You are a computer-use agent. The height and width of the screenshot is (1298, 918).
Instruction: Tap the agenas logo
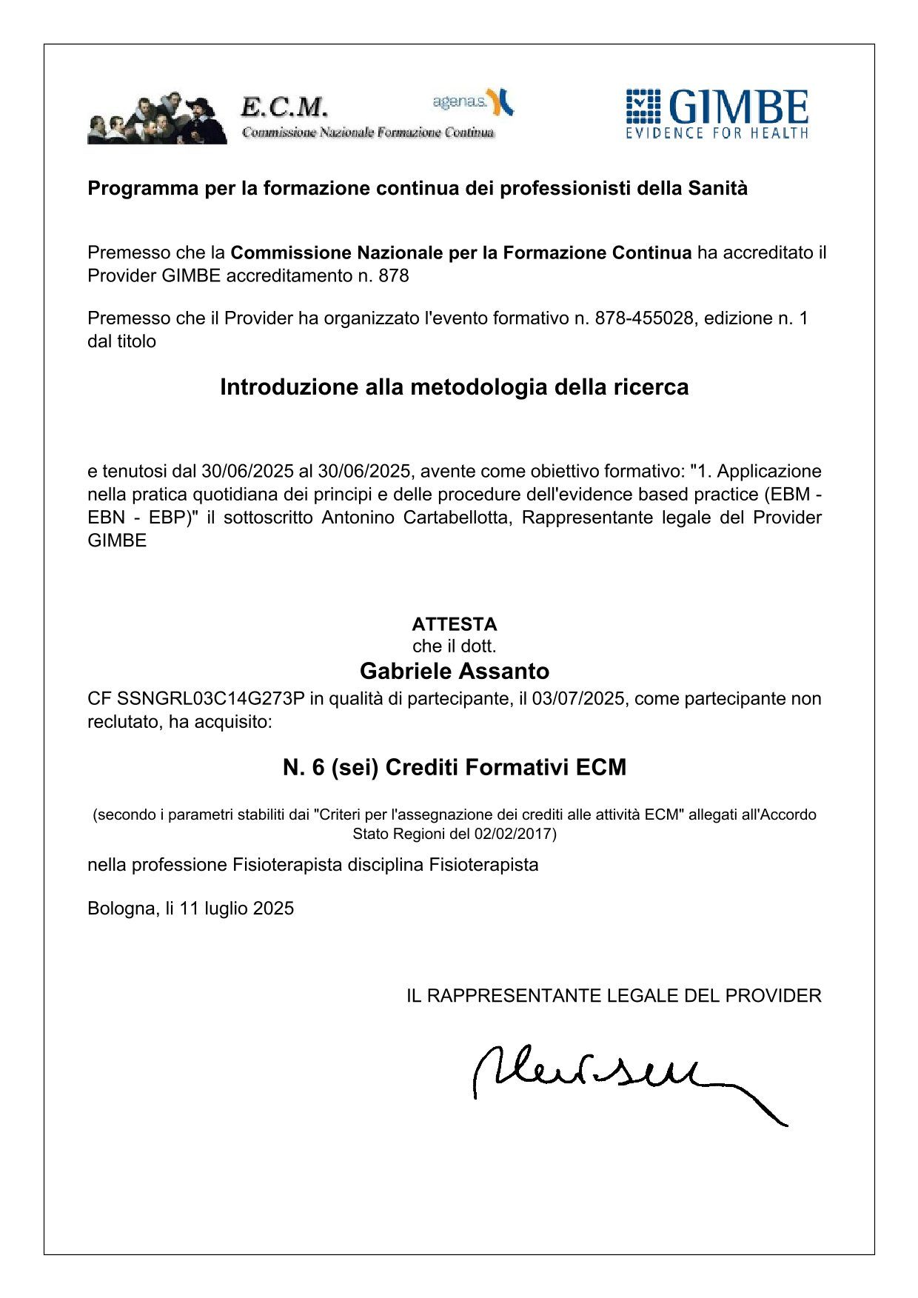coord(472,102)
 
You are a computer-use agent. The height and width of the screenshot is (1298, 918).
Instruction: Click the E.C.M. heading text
coord(284,108)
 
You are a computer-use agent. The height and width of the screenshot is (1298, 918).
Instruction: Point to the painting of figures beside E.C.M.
coord(157,118)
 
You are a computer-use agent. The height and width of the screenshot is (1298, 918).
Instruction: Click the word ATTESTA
coord(455,623)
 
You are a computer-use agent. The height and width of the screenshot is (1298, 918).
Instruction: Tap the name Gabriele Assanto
coord(455,671)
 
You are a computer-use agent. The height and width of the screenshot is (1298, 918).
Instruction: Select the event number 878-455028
coord(644,318)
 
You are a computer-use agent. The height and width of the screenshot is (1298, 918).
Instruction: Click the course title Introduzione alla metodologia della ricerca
coord(455,387)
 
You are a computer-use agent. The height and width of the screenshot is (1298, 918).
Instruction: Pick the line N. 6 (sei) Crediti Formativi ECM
coord(455,767)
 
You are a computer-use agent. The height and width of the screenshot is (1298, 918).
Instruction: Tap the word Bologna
coord(121,909)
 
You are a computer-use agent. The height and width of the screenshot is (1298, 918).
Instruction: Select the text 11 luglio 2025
coord(236,909)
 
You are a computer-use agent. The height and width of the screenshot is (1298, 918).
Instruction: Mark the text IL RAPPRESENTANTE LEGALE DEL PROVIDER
coord(614,996)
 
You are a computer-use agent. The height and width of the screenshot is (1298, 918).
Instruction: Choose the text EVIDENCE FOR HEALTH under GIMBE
coord(717,133)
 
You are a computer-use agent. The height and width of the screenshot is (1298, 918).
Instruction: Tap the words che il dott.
coord(455,646)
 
